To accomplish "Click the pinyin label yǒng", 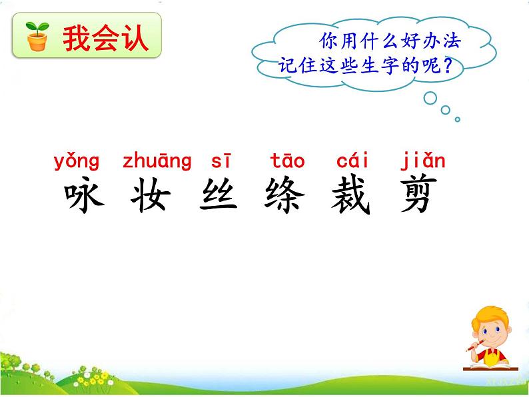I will tap(77, 162).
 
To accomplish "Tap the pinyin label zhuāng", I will tap(157, 162).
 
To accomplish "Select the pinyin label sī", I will tap(220, 161).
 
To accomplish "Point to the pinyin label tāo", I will tap(287, 161).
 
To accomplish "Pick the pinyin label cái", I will tap(352, 161).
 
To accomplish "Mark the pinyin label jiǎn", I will tap(423, 161).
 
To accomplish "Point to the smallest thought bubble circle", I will tap(458, 120).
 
